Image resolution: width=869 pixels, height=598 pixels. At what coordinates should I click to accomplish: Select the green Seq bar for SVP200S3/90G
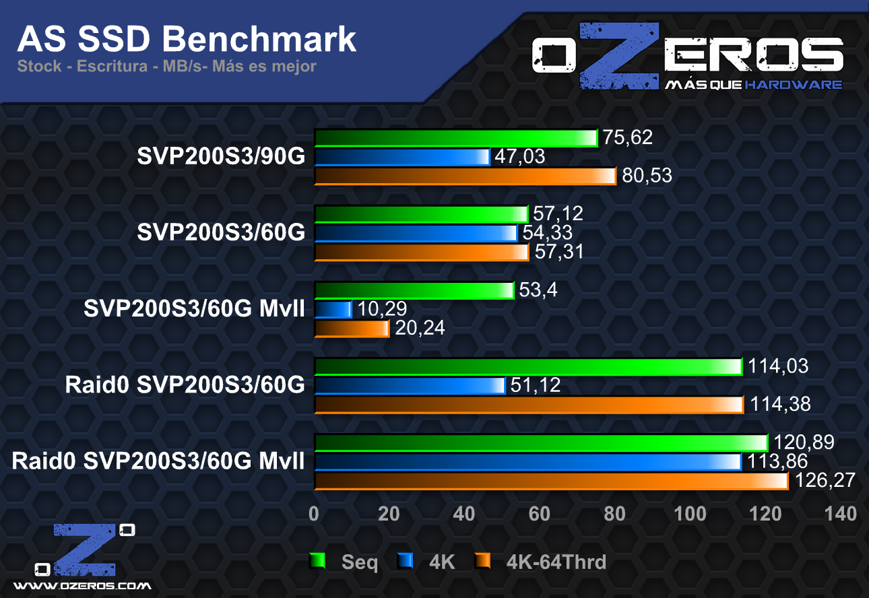pos(455,138)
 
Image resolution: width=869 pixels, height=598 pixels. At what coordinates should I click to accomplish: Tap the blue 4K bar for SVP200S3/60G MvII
pos(333,310)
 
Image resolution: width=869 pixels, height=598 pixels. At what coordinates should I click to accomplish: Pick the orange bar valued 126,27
pos(550,481)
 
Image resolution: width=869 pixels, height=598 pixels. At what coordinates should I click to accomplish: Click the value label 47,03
pos(519,158)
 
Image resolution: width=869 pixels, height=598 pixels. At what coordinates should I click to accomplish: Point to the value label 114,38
pos(780,404)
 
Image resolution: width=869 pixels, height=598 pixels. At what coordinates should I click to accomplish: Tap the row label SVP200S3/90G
pos(221,157)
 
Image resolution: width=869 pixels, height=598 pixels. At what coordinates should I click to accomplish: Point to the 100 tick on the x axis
pos(690,514)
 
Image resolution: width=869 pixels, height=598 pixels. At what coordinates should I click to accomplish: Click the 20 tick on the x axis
pos(389,514)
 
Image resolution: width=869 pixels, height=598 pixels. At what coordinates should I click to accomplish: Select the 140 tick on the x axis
pos(841,514)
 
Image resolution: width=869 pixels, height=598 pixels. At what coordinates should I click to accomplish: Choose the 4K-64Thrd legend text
pos(556,562)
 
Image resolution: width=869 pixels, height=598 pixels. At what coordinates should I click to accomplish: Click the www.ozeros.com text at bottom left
pos(82,586)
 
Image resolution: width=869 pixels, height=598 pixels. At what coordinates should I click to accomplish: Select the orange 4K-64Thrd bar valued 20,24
pos(352,329)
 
